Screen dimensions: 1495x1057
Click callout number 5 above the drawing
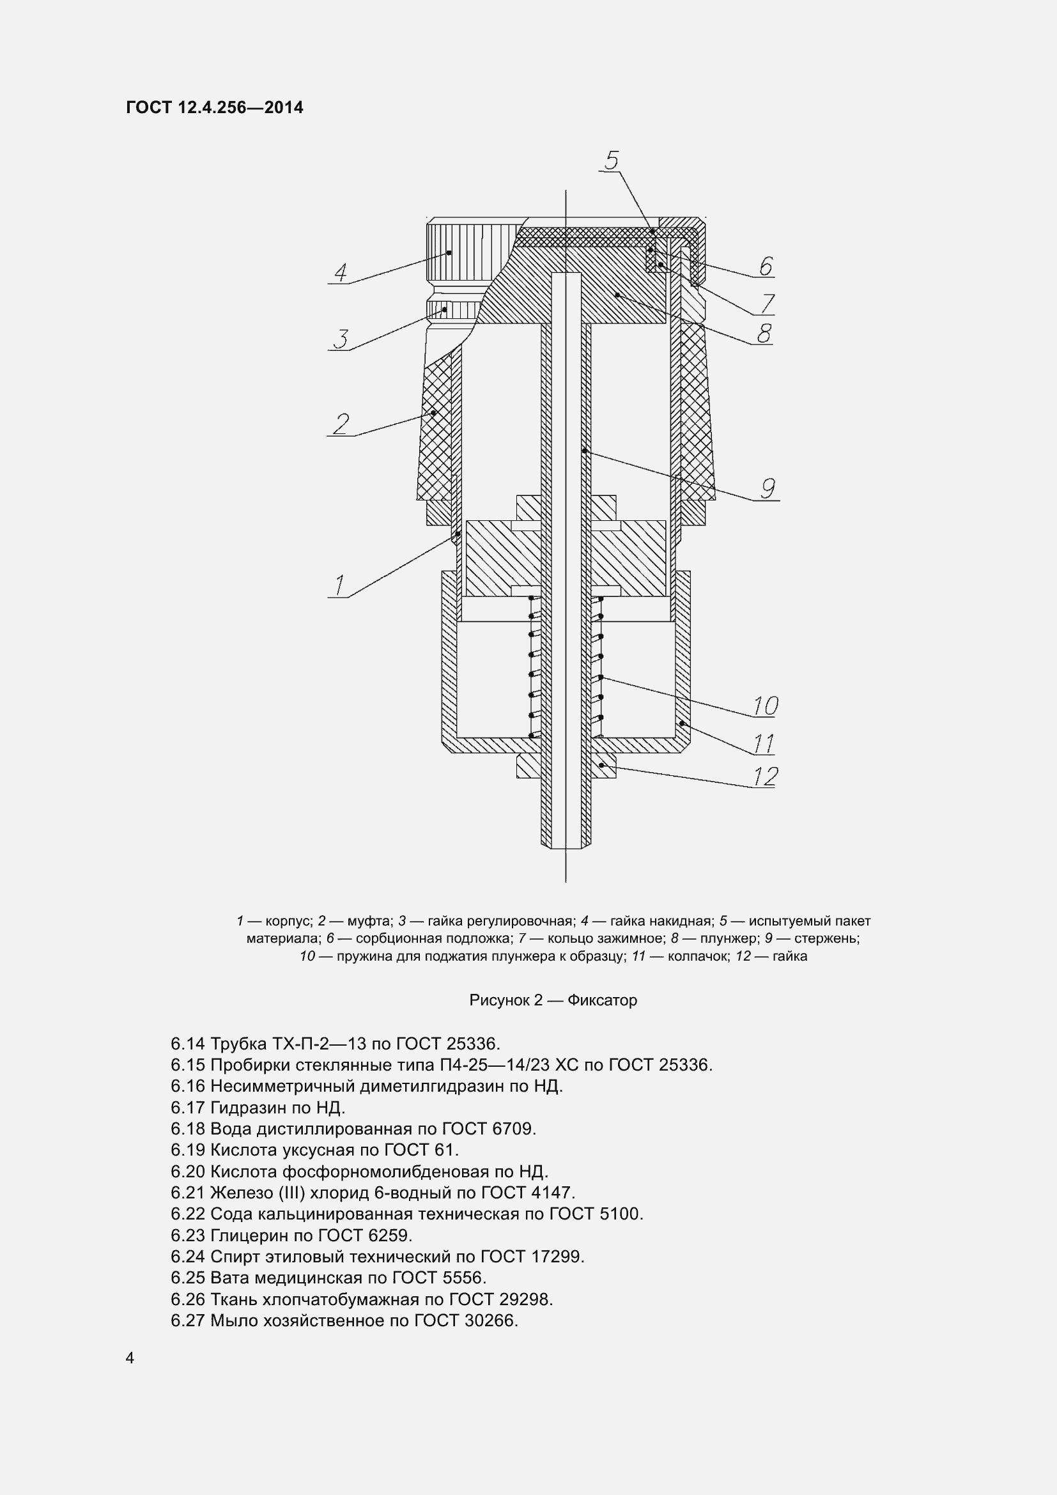(x=611, y=160)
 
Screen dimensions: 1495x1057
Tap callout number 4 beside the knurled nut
(x=341, y=272)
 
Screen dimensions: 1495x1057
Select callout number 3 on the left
(x=341, y=339)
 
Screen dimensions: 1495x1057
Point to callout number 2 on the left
(x=341, y=424)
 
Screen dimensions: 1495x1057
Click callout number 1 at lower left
(x=339, y=585)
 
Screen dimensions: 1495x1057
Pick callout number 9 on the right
(x=768, y=488)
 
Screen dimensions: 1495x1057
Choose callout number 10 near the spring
(x=766, y=706)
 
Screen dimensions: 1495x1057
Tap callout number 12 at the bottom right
(x=766, y=776)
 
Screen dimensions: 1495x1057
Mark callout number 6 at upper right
(x=766, y=267)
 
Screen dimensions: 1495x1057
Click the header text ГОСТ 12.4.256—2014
(x=215, y=107)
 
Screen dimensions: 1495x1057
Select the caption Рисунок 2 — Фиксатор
(x=553, y=1000)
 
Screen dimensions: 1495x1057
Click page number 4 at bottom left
(x=130, y=1358)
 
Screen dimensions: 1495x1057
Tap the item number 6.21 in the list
(x=187, y=1193)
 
